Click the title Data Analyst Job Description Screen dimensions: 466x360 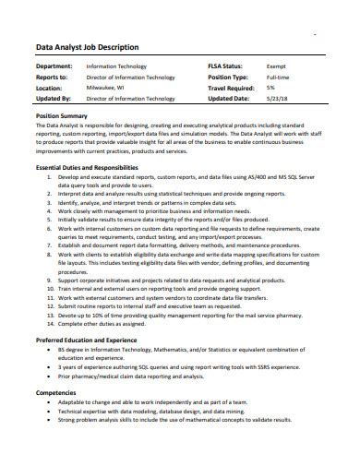87,46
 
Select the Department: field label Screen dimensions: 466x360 54,67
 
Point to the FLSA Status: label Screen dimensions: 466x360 229,67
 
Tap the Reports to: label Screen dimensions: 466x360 50,78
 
